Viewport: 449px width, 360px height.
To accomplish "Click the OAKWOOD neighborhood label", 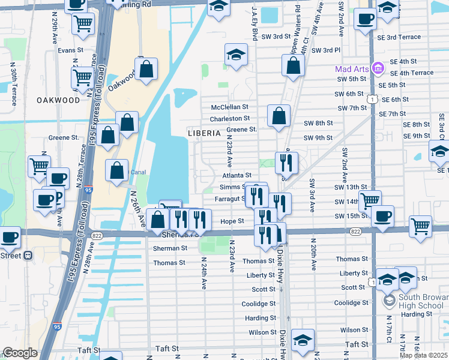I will [58, 100].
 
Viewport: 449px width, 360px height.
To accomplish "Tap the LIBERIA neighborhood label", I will [204, 133].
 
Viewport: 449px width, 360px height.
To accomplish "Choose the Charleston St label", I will [229, 119].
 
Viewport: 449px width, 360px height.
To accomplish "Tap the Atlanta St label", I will [237, 175].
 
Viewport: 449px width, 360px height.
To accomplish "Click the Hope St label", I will [232, 221].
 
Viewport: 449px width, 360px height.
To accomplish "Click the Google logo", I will [20, 353].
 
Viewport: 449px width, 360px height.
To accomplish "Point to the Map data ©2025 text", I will [424, 355].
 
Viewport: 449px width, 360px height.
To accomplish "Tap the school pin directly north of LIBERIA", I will [237, 55].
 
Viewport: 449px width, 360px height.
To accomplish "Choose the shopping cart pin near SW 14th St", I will [370, 200].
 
